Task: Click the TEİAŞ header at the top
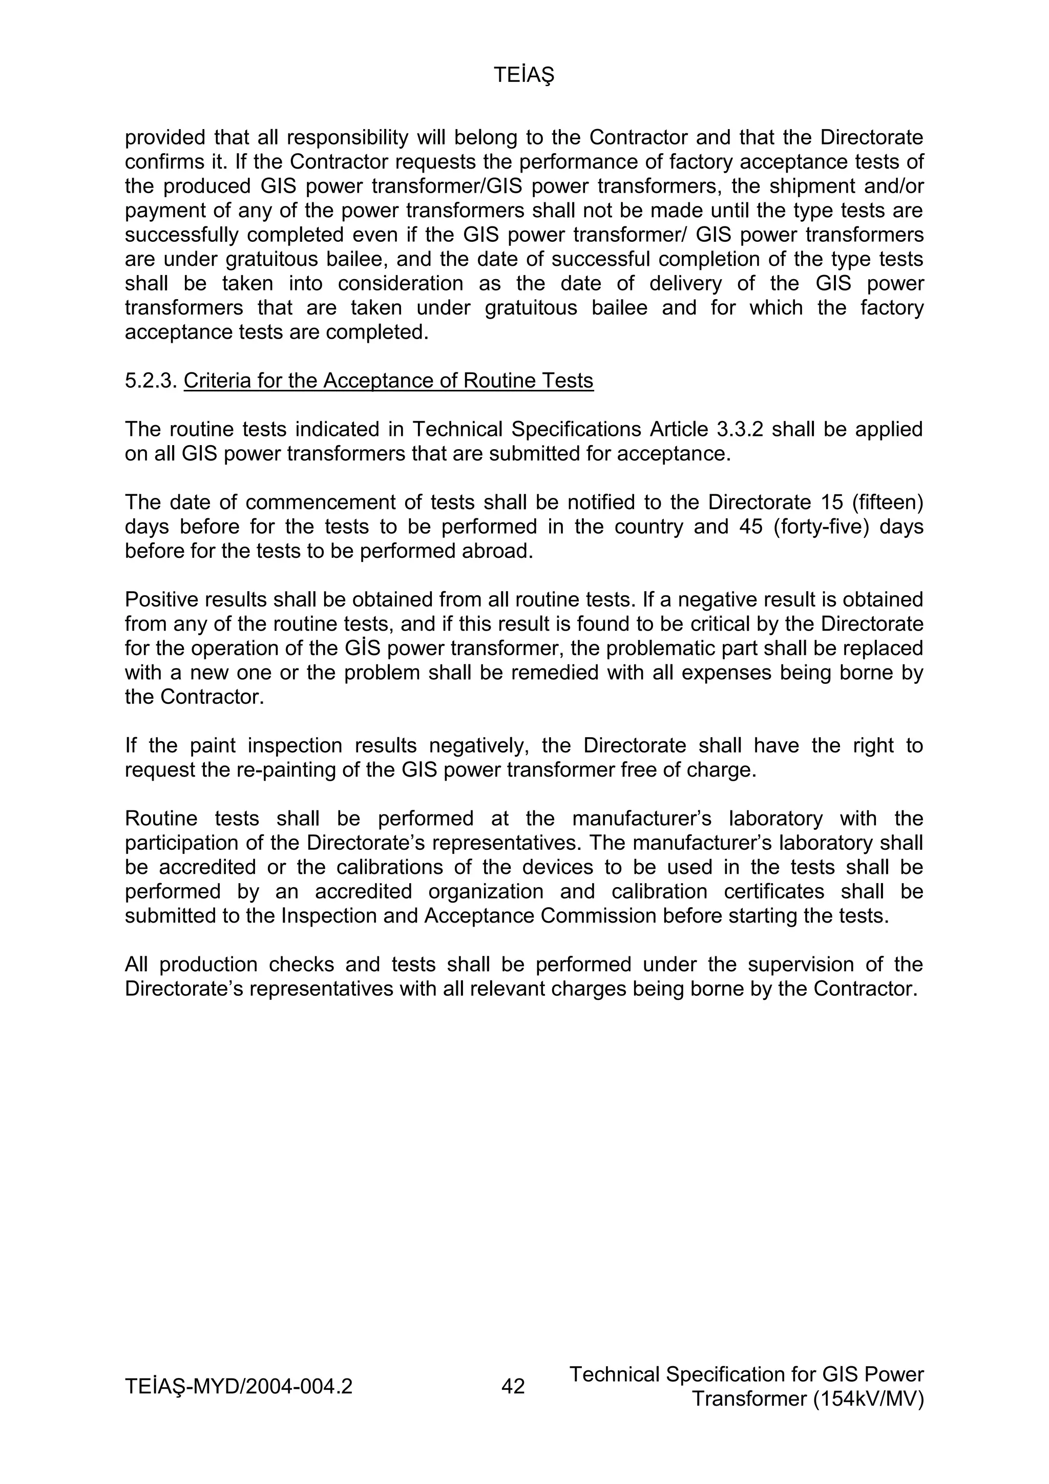tap(524, 76)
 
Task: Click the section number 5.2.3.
tap(151, 381)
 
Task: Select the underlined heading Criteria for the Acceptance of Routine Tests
tap(388, 381)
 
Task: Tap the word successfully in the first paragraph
tap(182, 235)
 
